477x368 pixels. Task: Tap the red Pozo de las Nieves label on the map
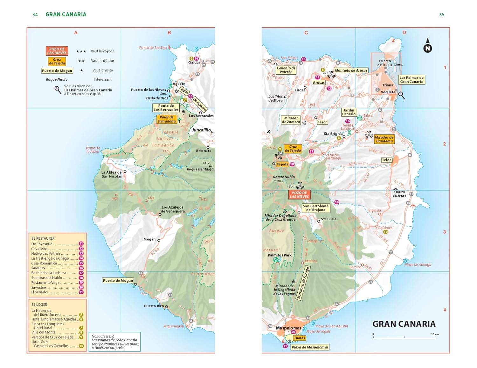[299, 195]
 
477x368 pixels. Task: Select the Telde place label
[386, 160]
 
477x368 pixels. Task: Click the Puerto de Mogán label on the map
[118, 280]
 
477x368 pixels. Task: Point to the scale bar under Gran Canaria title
[404, 337]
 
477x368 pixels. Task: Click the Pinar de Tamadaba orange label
[167, 119]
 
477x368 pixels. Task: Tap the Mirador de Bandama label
[384, 139]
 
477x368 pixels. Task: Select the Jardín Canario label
[349, 112]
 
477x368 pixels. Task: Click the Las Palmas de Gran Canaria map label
[411, 80]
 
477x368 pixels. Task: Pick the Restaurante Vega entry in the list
[45, 283]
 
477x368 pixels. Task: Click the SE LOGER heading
[39, 304]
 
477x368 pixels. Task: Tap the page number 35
[441, 15]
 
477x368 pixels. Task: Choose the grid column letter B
[169, 33]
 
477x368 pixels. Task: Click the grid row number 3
[445, 232]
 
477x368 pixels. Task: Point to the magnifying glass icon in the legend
[58, 90]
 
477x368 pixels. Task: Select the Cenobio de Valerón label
[286, 70]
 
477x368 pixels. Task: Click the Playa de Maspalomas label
[310, 347]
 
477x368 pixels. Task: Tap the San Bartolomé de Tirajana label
[315, 208]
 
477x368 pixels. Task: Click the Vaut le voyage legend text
[102, 51]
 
